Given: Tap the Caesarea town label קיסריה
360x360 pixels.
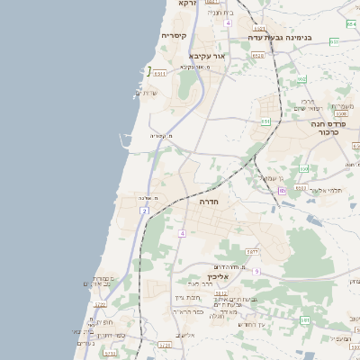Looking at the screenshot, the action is (x=174, y=36).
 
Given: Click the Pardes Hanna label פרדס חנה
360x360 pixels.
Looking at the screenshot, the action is (x=329, y=123).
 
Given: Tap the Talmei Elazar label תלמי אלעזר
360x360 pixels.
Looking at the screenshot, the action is (x=325, y=189).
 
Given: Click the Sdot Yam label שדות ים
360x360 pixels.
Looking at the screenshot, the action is (x=146, y=94).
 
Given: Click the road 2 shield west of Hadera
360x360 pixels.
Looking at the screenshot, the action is (x=144, y=211).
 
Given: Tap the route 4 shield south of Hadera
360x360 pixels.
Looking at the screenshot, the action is (x=181, y=234).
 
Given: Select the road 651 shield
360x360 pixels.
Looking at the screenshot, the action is (x=265, y=121).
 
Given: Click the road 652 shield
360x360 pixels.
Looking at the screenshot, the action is (x=301, y=79).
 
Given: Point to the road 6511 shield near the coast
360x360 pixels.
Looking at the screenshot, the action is (x=159, y=74).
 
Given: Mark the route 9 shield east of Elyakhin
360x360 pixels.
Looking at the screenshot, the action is (x=256, y=271).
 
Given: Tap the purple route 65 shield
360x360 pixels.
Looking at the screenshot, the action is (x=282, y=190).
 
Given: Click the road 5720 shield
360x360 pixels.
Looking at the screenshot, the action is (x=164, y=345).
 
